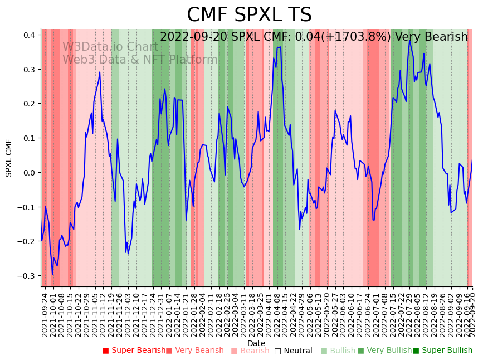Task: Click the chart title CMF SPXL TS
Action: (249, 15)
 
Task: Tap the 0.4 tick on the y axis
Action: (29, 35)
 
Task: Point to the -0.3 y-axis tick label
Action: (27, 276)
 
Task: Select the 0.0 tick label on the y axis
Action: (29, 173)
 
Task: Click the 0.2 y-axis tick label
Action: (29, 104)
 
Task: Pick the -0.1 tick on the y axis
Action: (27, 207)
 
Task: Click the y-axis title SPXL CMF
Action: (9, 158)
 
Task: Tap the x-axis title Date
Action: (256, 343)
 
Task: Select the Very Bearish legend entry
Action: (198, 351)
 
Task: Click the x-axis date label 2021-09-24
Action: (45, 314)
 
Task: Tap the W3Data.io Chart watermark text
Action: (110, 47)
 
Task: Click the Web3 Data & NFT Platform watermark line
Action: (140, 60)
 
